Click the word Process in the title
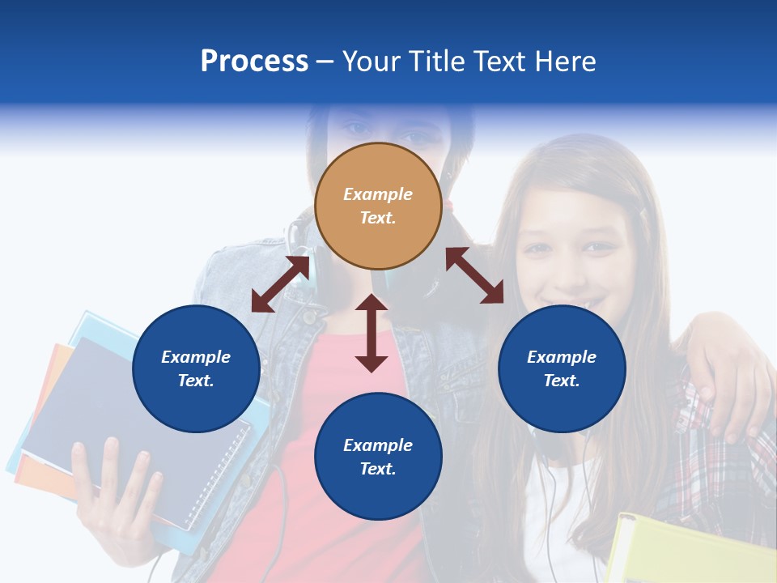254,62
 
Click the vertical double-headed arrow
372,334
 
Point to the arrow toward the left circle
280,284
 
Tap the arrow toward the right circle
475,275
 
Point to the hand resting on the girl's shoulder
728,381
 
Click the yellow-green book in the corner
688,551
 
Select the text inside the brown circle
378,206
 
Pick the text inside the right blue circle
562,368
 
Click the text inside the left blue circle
196,368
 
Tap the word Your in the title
372,62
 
